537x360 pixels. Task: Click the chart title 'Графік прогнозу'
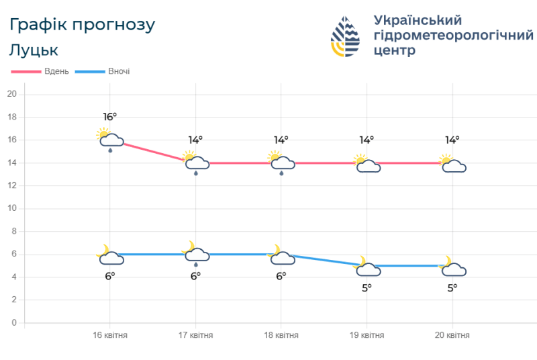83,25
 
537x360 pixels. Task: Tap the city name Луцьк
34,50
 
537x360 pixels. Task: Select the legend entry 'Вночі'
118,71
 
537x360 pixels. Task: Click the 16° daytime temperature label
110,116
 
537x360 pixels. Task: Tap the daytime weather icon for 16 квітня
110,138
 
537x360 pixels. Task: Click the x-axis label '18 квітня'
281,335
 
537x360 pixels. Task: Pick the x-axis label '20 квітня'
452,335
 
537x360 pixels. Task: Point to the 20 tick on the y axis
11,94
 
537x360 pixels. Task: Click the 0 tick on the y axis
13,322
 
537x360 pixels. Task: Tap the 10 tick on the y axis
11,208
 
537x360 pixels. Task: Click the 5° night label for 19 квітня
367,287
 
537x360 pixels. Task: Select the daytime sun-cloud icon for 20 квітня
452,164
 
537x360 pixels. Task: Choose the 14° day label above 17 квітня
195,140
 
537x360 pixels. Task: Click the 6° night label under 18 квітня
281,276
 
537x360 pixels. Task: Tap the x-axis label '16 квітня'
110,335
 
